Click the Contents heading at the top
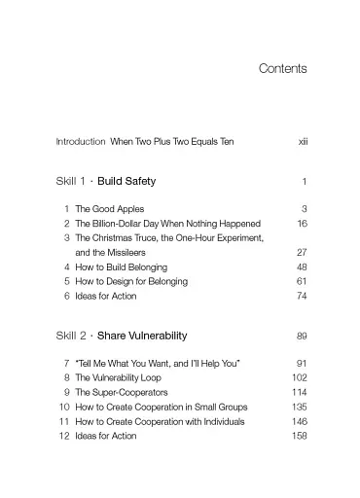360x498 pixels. (283, 69)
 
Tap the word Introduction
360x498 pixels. (81, 142)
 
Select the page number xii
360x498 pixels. (303, 142)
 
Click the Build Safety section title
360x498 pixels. (126, 181)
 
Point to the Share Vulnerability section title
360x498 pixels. (142, 336)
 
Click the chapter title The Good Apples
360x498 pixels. (110, 209)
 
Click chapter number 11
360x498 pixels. (63, 421)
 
